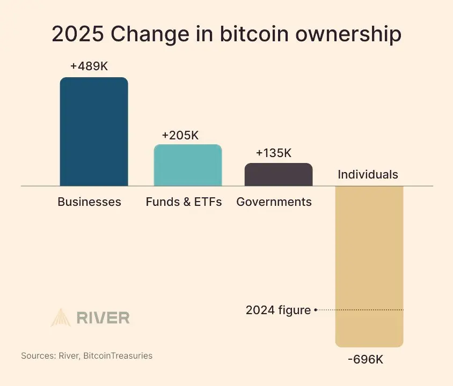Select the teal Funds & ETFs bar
[188, 165]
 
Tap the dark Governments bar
[279, 175]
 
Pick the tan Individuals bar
[369, 265]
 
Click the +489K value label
[89, 66]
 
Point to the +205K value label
[180, 136]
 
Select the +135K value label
[274, 153]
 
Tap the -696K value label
[366, 359]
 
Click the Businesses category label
[89, 202]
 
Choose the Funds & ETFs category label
[184, 202]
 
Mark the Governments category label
[274, 202]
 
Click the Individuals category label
[368, 174]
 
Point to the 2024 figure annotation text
[278, 310]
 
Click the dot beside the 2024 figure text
[316, 310]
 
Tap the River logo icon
[61, 317]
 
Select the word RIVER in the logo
[103, 318]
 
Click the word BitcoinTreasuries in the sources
[118, 355]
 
